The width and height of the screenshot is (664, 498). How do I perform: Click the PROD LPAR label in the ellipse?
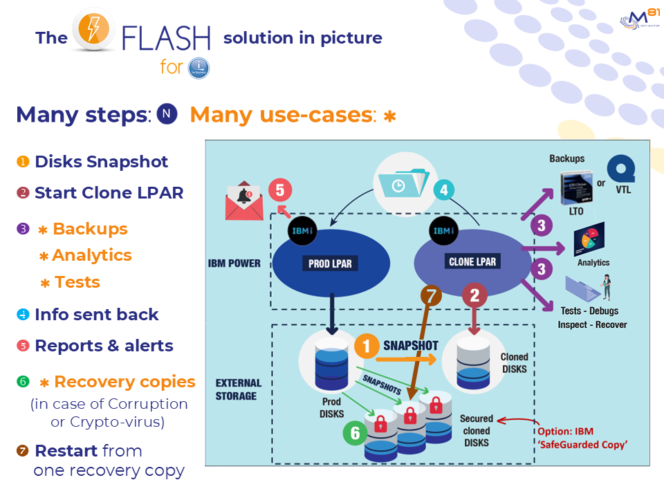pyautogui.click(x=329, y=264)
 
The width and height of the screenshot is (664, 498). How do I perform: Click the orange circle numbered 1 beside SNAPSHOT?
pyautogui.click(x=367, y=346)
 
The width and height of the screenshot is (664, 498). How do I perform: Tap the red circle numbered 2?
pyautogui.click(x=474, y=296)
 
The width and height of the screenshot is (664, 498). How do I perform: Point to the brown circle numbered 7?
pyautogui.click(x=431, y=296)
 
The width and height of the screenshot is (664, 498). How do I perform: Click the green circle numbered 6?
pyautogui.click(x=355, y=433)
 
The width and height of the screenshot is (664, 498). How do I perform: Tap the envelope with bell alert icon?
pyautogui.click(x=243, y=202)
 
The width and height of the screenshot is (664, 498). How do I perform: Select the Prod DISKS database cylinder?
pyautogui.click(x=326, y=363)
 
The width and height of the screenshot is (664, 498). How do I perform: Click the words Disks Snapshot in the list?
pyautogui.click(x=101, y=162)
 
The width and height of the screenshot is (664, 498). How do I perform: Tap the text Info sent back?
pyautogui.click(x=97, y=315)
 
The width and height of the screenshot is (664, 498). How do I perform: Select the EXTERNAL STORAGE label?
pyautogui.click(x=239, y=389)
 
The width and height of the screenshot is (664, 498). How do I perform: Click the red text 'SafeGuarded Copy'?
pyautogui.click(x=583, y=444)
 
